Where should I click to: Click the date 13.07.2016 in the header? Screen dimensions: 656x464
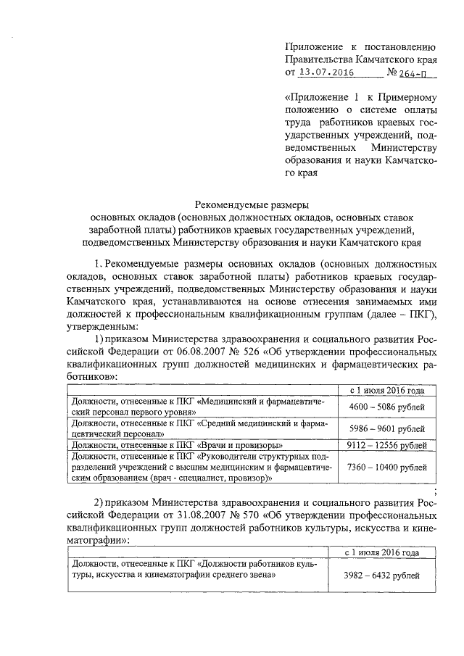[x=323, y=72]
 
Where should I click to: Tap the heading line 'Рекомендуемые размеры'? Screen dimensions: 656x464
[x=254, y=204]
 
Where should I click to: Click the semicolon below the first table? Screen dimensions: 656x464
[x=434, y=492]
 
